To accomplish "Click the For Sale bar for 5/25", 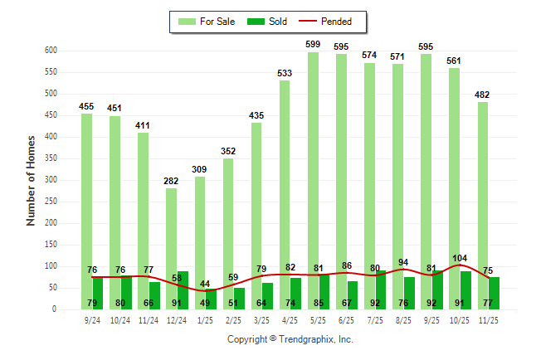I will [314, 166].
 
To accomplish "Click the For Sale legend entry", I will [207, 22].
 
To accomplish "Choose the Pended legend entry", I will [326, 22].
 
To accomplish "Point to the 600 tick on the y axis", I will [51, 51].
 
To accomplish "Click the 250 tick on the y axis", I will [51, 202].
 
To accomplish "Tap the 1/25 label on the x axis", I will [205, 319].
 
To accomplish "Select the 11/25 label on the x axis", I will [488, 319].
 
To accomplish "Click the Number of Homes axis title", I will [32, 180].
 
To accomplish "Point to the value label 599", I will [313, 44].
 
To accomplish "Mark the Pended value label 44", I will [205, 284].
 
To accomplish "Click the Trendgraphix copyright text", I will [290, 339].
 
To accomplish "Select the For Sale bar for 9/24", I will [86, 207].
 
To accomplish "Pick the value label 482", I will [483, 94].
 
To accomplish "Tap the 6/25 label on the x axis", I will [347, 319].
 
